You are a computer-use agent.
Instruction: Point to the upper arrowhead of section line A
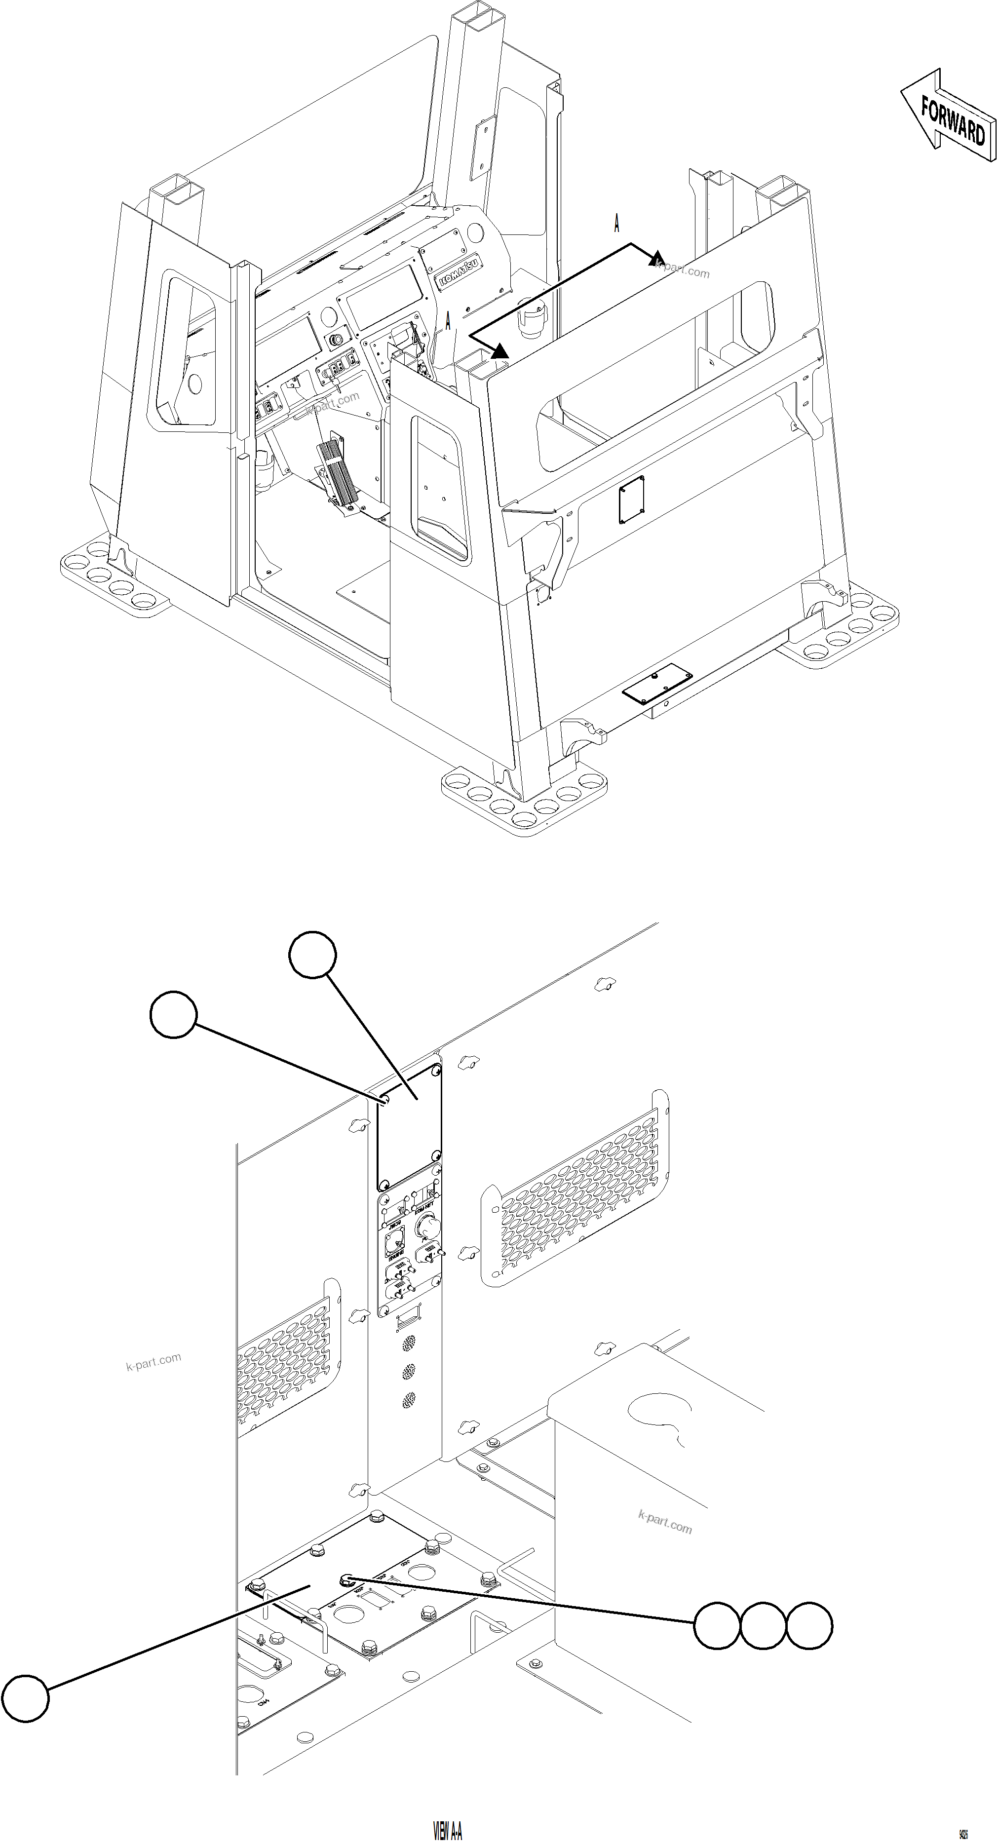[657, 259]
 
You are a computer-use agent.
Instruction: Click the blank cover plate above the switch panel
[409, 1127]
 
